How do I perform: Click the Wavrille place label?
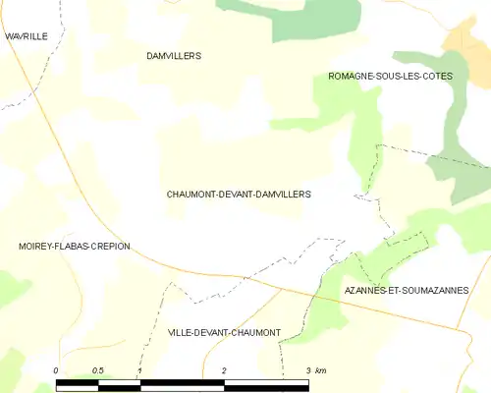click(26, 36)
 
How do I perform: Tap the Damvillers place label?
click(173, 56)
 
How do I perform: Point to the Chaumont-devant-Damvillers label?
click(239, 195)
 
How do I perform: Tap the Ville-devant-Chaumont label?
click(224, 333)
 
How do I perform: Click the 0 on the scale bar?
click(56, 370)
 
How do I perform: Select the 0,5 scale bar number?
click(97, 370)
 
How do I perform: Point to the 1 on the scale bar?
click(140, 370)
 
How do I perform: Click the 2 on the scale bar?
click(225, 370)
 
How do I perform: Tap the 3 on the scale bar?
click(308, 370)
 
